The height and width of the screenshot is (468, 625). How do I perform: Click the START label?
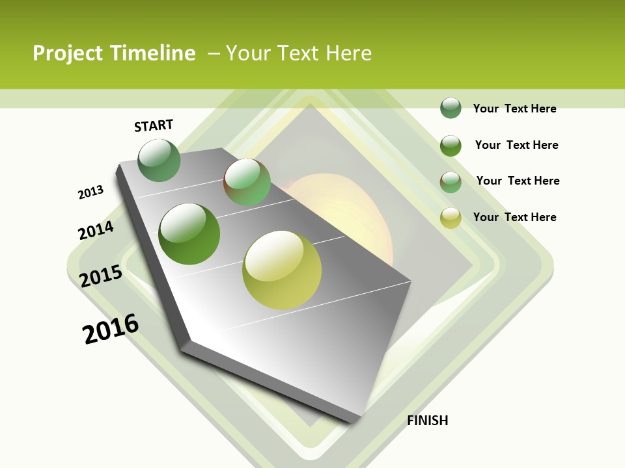coord(154,125)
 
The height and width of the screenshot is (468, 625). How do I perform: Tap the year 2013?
coord(90,192)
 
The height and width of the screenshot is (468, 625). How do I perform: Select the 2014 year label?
coord(96,231)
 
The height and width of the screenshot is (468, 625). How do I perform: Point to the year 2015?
coord(101,276)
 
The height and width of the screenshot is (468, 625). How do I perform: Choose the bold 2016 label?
coord(111,329)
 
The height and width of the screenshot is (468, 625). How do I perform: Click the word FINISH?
coord(428,421)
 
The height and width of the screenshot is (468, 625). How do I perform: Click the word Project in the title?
coord(68,53)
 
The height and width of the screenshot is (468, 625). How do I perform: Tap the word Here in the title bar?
coord(348,53)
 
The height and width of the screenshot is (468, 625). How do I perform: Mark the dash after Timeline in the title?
coord(214,54)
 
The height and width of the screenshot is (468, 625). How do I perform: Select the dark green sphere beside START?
coord(159,161)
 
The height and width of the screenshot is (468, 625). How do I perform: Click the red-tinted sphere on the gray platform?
coord(247,182)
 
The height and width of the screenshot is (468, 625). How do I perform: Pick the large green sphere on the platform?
coord(189,234)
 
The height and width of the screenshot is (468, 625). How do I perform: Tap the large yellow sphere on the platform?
coord(282,270)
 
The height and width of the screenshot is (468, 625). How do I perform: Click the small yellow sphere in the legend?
coord(451,218)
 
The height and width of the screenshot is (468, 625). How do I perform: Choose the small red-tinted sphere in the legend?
coord(451,182)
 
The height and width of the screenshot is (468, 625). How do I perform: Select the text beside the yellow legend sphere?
coord(514,217)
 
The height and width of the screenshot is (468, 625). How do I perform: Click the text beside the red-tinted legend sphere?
coord(518,181)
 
